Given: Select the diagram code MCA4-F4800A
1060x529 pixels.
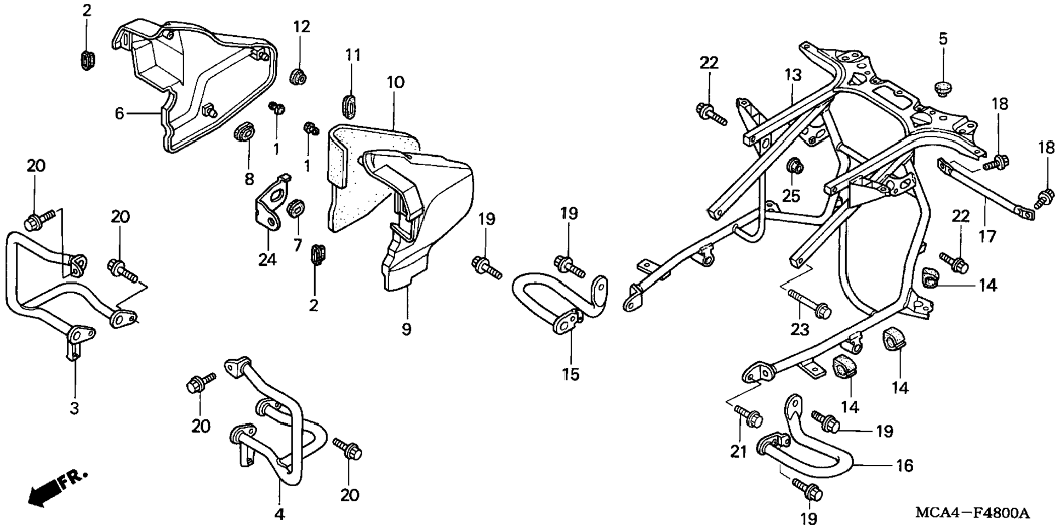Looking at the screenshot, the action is (x=972, y=514).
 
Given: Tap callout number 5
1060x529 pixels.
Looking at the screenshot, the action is (x=943, y=39).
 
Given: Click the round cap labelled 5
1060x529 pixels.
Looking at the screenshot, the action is (x=942, y=88).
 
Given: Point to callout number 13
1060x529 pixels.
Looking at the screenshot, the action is (x=793, y=75).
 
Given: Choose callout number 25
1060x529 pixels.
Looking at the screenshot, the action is (x=791, y=195).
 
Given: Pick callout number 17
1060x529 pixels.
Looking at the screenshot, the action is (x=988, y=236).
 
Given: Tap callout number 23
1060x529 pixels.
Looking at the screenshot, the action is (x=800, y=329).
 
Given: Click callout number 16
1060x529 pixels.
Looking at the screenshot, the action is (x=904, y=465).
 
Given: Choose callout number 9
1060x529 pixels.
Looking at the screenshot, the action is (x=406, y=329).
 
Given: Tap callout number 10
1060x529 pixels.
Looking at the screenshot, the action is (x=395, y=83).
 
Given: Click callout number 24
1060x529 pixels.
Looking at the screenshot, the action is (x=267, y=259).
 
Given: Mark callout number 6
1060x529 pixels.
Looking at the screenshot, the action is (x=119, y=113).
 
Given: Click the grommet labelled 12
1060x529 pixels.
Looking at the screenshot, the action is (x=298, y=76).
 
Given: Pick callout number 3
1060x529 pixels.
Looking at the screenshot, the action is (x=75, y=408).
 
